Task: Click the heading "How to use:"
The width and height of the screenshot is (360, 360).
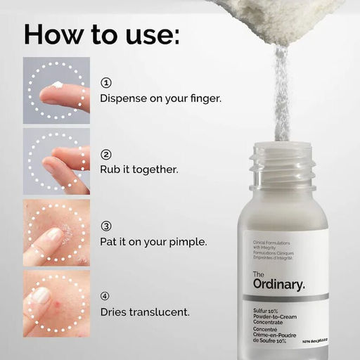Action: coord(101,35)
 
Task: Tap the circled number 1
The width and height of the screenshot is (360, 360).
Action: coord(106,82)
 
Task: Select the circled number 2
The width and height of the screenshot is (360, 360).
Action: coord(106,155)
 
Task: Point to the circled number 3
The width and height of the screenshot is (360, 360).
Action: coord(106,226)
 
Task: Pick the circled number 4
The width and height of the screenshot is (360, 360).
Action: coord(106,296)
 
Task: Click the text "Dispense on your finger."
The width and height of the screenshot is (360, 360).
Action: coord(161,98)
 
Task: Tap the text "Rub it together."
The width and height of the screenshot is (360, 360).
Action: coord(139,170)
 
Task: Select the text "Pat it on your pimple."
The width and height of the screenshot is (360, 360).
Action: coord(153,242)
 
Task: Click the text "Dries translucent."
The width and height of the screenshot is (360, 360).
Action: coord(146,311)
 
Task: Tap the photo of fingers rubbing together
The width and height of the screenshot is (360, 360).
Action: coord(56,161)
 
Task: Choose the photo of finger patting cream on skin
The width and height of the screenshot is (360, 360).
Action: coord(56,233)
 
